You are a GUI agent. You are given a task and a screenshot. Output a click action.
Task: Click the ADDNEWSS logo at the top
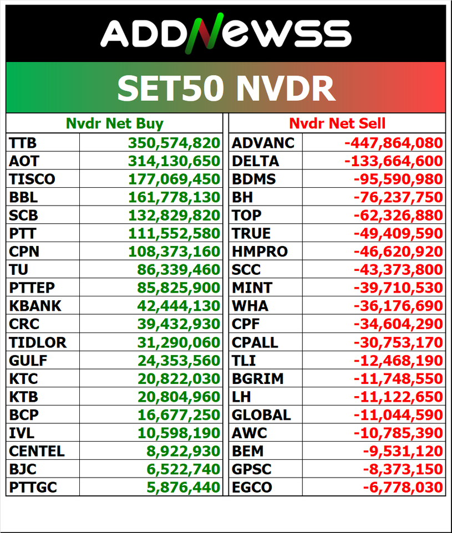pyautogui.click(x=226, y=33)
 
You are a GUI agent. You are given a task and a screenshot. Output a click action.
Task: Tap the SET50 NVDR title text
pyautogui.click(x=226, y=88)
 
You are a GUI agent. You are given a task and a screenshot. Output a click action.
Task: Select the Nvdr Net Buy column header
pyautogui.click(x=115, y=124)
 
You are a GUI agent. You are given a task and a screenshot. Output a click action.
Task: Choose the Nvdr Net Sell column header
pyautogui.click(x=337, y=124)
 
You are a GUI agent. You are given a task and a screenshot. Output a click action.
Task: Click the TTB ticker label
pyautogui.click(x=23, y=143)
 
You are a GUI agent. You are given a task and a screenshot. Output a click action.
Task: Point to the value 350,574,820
pyautogui.click(x=174, y=143)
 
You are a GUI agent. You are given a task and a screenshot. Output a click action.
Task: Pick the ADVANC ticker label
pyautogui.click(x=263, y=143)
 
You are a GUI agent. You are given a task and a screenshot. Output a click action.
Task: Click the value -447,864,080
pyautogui.click(x=394, y=143)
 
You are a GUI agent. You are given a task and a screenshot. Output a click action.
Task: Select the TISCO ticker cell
pyautogui.click(x=32, y=180)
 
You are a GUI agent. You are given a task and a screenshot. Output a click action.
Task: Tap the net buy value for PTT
pyautogui.click(x=174, y=233)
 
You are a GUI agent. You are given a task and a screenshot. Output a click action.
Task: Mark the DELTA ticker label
pyautogui.click(x=255, y=161)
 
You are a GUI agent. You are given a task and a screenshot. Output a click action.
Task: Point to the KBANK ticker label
pyautogui.click(x=35, y=306)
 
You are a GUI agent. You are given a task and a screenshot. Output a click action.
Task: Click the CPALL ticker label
pyautogui.click(x=255, y=342)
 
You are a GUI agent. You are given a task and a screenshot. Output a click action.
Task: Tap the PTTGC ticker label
pyautogui.click(x=33, y=488)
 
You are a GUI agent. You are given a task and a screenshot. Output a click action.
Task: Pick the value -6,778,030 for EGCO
pyautogui.click(x=403, y=488)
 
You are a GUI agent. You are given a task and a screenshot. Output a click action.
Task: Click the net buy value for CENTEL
pyautogui.click(x=182, y=451)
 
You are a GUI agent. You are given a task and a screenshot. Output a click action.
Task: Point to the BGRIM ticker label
pyautogui.click(x=257, y=378)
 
